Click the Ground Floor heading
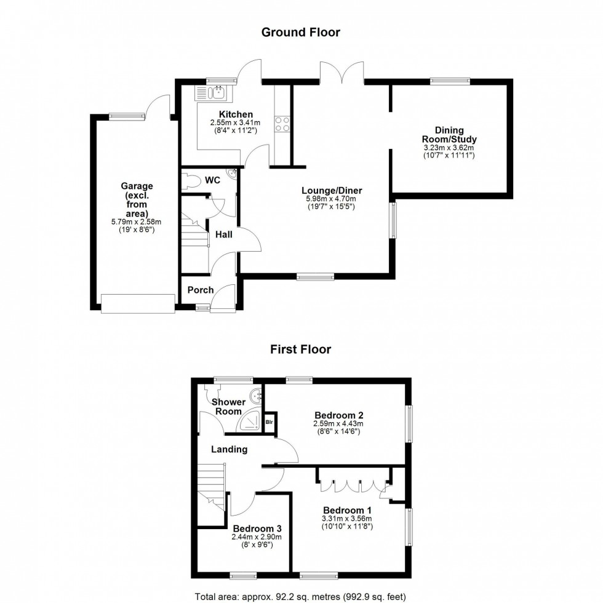point(300,32)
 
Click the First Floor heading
point(300,349)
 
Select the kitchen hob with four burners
point(282,124)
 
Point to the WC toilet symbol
point(190,181)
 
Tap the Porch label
point(200,290)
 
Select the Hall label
point(223,234)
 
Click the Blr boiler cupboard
point(270,423)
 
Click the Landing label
point(229,449)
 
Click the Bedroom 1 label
point(347,510)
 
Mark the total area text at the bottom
point(300,596)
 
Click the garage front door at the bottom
point(138,303)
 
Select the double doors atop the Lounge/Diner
point(341,73)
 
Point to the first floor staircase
point(212,486)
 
